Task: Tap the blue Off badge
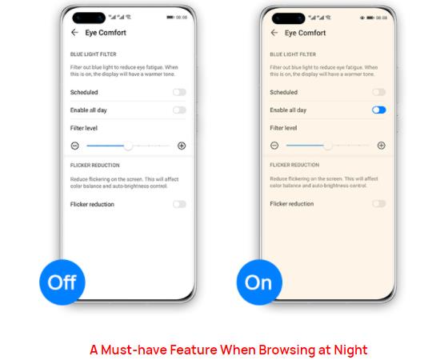tap(62, 282)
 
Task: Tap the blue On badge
tap(258, 282)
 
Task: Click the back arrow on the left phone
tap(75, 33)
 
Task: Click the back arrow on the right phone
tap(274, 33)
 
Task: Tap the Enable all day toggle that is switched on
tap(379, 110)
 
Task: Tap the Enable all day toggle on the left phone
tap(179, 110)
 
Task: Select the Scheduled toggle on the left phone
tap(179, 93)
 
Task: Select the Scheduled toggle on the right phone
tap(379, 93)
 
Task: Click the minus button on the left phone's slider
tap(74, 146)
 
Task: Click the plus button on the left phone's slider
tap(182, 146)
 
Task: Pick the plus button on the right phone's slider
tap(382, 146)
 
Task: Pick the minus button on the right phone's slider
tap(274, 146)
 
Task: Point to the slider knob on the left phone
tap(128, 146)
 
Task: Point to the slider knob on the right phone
tap(327, 146)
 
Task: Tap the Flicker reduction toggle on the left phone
tap(179, 204)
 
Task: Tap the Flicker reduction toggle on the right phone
tap(379, 204)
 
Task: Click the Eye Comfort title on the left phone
tap(106, 33)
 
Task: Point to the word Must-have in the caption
tap(132, 350)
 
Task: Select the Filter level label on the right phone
tap(283, 127)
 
